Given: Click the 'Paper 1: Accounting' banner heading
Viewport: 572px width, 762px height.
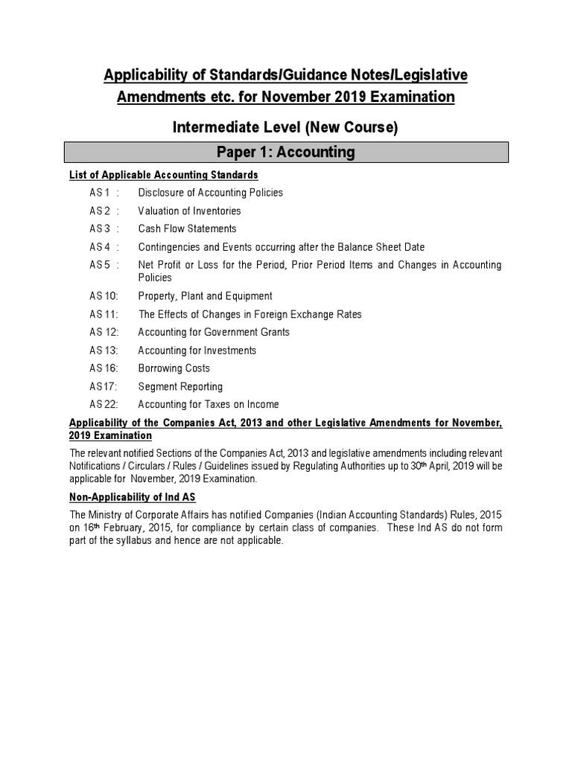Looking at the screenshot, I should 286,153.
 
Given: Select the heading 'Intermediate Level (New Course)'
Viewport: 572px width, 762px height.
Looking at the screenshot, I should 286,128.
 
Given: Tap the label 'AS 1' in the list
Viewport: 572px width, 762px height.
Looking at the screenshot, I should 101,193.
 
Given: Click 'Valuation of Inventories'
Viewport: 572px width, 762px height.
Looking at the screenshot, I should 189,211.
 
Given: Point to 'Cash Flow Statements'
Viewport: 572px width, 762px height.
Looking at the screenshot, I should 187,228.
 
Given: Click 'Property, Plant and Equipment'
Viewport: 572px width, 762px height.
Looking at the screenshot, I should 205,296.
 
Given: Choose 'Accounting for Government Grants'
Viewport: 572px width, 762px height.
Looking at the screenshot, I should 214,332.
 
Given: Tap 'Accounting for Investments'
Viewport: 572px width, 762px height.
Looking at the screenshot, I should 197,350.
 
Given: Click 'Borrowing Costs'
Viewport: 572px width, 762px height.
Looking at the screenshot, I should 174,368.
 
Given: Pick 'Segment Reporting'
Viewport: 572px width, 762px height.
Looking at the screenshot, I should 180,386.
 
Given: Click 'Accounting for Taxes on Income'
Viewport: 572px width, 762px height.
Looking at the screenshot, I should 209,405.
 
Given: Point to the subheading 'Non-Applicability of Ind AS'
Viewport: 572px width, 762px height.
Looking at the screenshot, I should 132,497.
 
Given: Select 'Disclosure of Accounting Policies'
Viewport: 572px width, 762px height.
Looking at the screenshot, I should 210,193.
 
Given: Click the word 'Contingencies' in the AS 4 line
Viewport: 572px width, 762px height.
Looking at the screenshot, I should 171,247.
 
